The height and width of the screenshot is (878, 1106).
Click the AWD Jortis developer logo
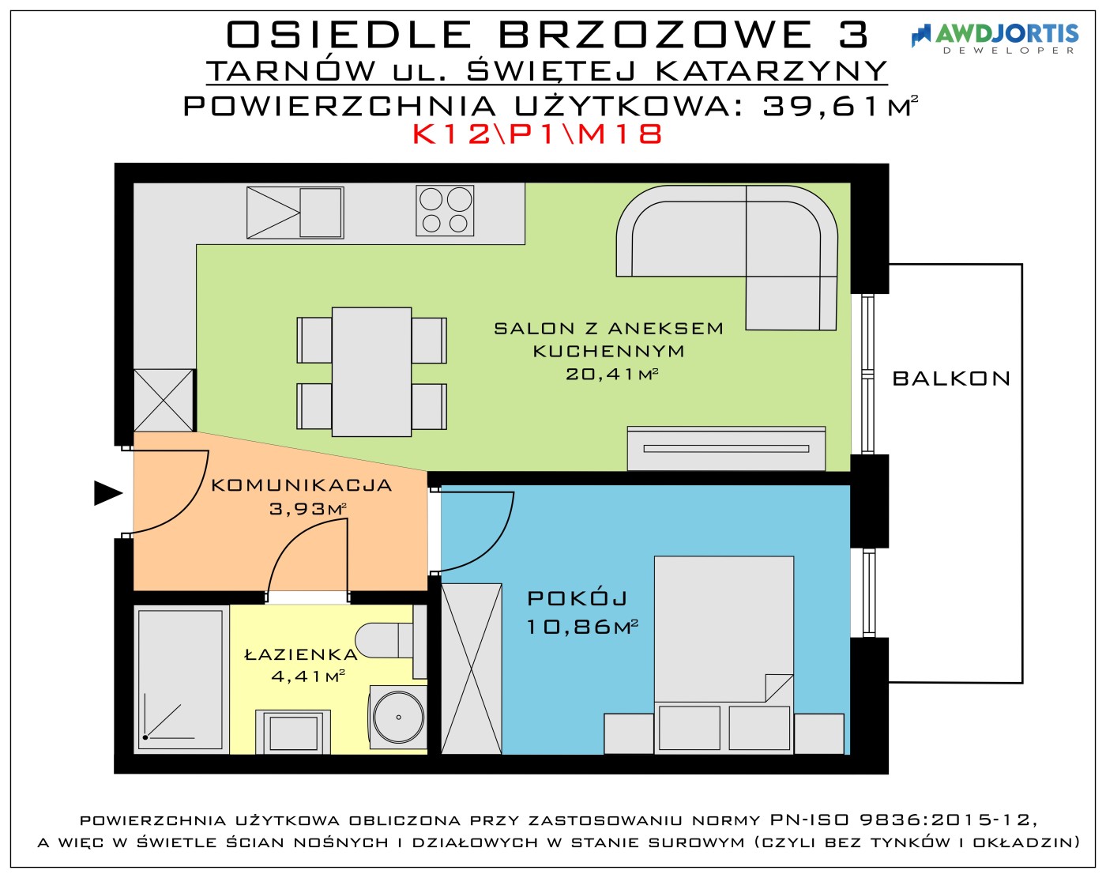point(995,39)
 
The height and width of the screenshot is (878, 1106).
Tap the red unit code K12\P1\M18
point(537,134)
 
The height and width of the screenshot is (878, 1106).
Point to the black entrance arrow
point(108,493)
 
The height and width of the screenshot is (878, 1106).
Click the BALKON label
point(951,379)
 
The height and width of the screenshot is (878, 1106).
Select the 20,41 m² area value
point(611,374)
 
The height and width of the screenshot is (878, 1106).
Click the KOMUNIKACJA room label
point(301,485)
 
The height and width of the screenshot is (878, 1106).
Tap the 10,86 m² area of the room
point(582,627)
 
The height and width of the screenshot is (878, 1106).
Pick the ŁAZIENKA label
point(301,655)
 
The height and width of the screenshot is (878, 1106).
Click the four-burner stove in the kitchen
point(445,211)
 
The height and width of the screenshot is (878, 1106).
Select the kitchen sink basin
point(321,213)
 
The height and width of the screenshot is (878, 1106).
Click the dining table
point(371,371)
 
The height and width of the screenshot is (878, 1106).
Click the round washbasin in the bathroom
point(398,717)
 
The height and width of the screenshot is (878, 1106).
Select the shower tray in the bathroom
point(181,679)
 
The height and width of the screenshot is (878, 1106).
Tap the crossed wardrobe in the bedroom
point(472,669)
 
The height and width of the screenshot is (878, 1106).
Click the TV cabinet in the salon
point(726,449)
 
